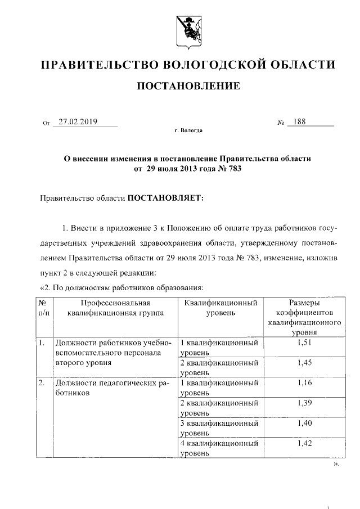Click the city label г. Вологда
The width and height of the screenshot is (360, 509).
coord(188,130)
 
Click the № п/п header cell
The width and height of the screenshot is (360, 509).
coord(44,308)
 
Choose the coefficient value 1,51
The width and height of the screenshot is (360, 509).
coord(304,342)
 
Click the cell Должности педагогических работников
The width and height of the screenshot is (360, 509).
coord(110,388)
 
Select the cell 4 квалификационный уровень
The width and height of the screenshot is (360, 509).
coord(219,448)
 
